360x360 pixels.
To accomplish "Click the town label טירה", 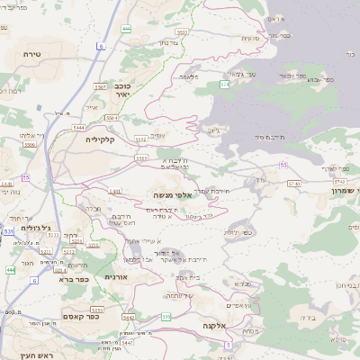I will coord(32,54).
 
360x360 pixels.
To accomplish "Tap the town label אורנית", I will coord(117,276).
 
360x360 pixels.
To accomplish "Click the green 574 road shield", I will coord(224,85).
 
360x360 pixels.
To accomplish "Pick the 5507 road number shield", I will coord(100,86).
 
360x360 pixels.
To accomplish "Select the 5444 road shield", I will coord(80,128).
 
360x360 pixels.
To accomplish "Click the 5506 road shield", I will coord(30,143).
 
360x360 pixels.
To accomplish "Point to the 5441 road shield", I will coord(115,191).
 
